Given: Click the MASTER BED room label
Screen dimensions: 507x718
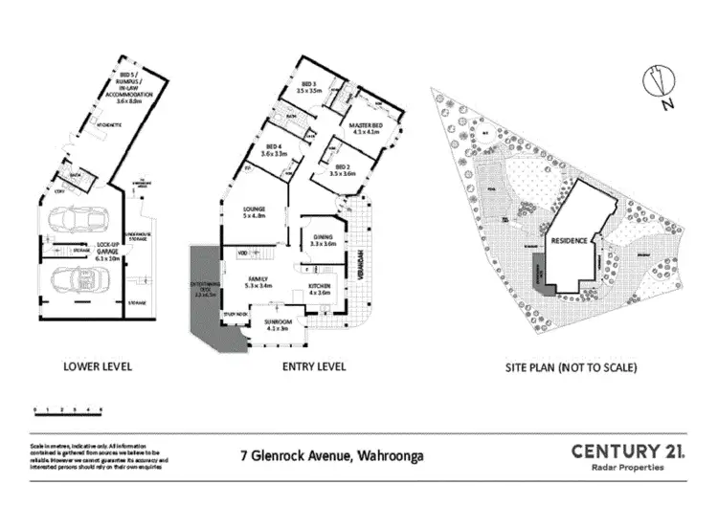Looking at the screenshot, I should coord(366,128).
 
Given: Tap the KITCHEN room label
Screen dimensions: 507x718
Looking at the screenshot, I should coord(320,286).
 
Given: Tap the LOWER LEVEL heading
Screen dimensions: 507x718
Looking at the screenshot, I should coord(97,366).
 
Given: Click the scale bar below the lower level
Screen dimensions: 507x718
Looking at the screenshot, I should coord(67,410).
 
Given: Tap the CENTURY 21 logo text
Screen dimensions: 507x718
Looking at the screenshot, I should coord(627,451).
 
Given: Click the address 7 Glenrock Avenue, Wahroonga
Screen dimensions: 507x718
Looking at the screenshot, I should coord(345,455).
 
